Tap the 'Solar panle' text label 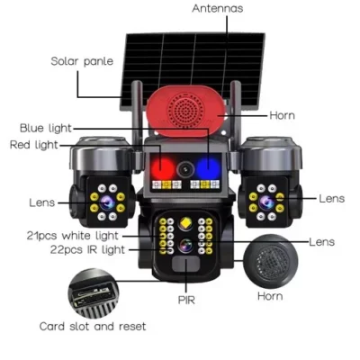(81, 62)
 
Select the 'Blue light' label (47, 129)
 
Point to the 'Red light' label (33, 145)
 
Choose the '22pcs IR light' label (79, 249)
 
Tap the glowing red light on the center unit (163, 166)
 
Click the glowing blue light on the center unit (209, 166)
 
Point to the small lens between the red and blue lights (186, 167)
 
